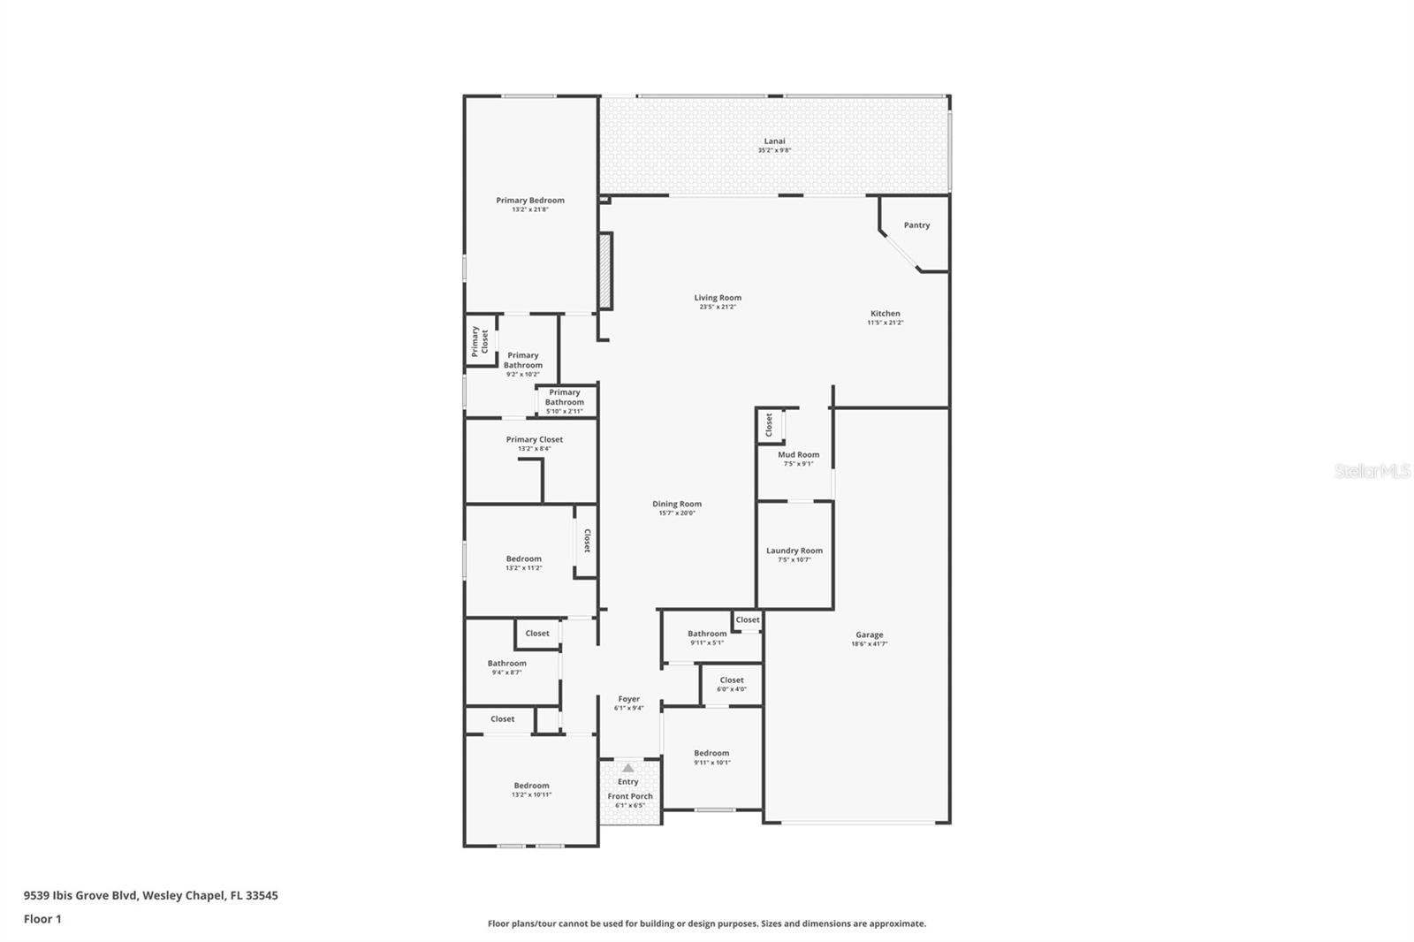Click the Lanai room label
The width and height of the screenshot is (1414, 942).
click(774, 141)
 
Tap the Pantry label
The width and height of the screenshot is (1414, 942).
click(916, 225)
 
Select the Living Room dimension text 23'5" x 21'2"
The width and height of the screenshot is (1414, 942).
click(718, 308)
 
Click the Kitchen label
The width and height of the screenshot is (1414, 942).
click(885, 314)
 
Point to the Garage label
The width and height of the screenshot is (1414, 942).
click(869, 634)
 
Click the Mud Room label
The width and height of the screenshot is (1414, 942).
click(798, 455)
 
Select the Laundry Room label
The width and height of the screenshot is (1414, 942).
click(794, 551)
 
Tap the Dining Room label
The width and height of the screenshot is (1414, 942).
click(677, 504)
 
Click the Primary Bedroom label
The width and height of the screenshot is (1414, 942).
click(529, 201)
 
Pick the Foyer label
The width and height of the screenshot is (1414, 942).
click(628, 699)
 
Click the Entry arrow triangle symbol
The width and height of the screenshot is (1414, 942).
click(627, 768)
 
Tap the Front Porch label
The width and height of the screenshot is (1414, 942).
click(630, 796)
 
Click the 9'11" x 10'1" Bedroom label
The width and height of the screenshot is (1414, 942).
click(711, 753)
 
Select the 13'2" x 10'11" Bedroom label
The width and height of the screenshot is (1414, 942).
click(531, 786)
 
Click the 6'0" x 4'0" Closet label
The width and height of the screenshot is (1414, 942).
click(731, 680)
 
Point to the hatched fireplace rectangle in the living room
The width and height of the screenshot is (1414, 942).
click(605, 270)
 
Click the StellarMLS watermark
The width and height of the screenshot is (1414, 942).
click(1372, 472)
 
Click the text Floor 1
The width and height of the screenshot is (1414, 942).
click(42, 919)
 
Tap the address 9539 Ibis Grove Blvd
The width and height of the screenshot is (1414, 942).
click(80, 895)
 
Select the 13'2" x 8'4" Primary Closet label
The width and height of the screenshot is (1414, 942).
click(534, 439)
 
